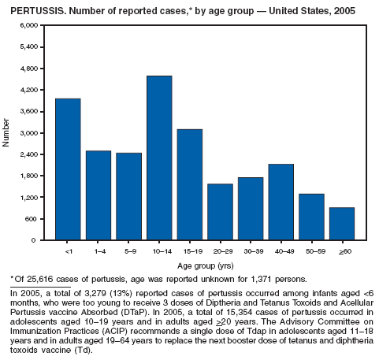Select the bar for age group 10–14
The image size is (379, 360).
(159, 158)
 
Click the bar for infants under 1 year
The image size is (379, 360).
(68, 169)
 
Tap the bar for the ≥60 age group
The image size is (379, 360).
(342, 224)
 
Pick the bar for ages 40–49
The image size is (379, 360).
(281, 202)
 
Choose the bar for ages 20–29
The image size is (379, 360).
(220, 212)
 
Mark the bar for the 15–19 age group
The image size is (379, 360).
(190, 184)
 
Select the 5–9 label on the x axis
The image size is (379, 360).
(131, 251)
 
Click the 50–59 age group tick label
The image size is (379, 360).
(315, 251)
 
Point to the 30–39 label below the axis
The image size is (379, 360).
(254, 251)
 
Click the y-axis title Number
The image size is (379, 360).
(6, 132)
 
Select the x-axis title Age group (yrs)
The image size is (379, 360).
(206, 266)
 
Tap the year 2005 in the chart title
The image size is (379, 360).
(344, 11)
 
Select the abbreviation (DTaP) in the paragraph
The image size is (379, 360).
(132, 313)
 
